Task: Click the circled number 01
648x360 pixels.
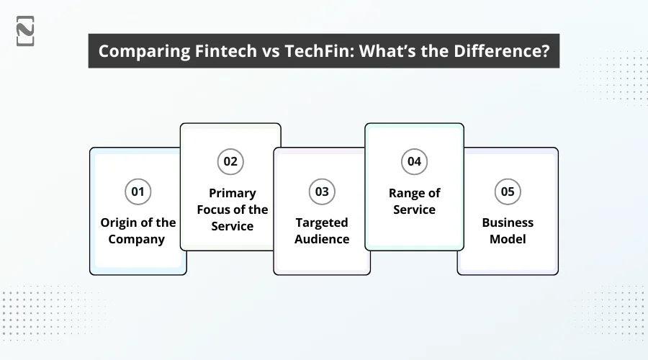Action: [x=138, y=192]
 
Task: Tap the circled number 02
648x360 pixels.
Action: [x=230, y=161]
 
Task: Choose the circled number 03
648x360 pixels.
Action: [x=322, y=192]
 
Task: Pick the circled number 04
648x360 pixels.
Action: [x=414, y=161]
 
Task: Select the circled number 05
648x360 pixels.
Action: [x=508, y=192]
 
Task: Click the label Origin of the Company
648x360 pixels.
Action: [x=138, y=231]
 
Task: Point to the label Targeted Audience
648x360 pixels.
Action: [x=322, y=231]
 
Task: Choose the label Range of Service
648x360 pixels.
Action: [x=414, y=202]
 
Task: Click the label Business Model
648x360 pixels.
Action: [x=508, y=231]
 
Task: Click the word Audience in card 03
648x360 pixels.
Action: [x=322, y=239]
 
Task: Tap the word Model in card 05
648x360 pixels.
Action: [x=508, y=239]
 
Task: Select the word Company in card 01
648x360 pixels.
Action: [x=138, y=239]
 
